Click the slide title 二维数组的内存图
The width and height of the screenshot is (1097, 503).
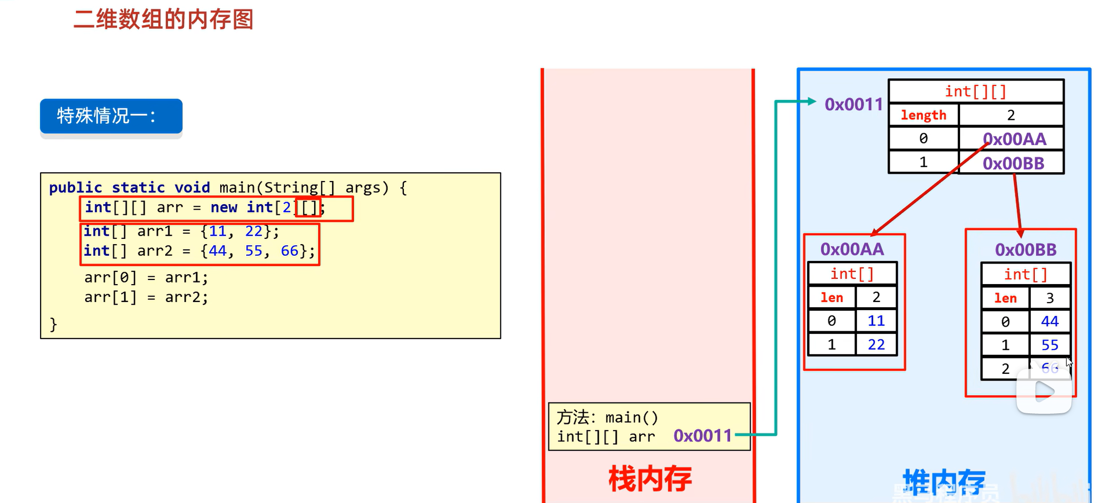[163, 19]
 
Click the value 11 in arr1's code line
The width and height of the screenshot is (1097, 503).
[218, 231]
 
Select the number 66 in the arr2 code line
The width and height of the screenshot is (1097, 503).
[289, 251]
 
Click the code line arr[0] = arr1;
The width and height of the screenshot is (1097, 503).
[146, 277]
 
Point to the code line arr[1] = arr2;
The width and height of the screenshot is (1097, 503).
[146, 297]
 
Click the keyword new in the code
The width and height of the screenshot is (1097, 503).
[224, 208]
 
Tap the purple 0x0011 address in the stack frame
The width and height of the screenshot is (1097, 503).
[702, 436]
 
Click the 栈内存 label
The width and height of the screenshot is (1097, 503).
[650, 479]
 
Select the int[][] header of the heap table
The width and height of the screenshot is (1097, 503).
[975, 91]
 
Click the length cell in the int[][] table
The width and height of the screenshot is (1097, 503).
[924, 115]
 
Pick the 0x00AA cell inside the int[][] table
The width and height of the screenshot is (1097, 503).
[1014, 139]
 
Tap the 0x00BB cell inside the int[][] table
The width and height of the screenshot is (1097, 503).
[1013, 164]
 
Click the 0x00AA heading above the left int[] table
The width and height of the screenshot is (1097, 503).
[852, 249]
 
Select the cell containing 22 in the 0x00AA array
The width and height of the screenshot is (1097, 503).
[876, 345]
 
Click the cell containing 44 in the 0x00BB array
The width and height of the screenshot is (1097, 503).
[1049, 321]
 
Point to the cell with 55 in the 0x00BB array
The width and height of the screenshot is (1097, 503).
[1049, 345]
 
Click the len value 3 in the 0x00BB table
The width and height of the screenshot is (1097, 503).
[1049, 298]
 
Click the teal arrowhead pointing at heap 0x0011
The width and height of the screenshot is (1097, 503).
[811, 101]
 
